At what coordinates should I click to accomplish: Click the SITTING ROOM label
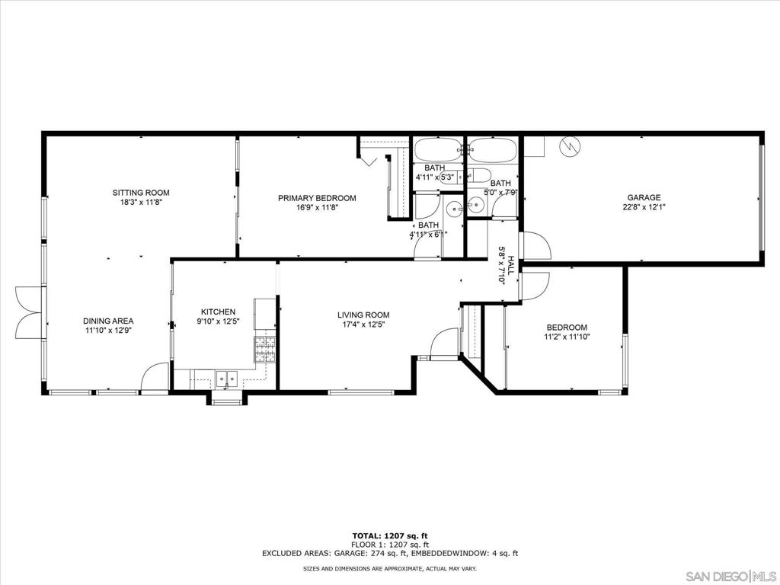pyautogui.click(x=141, y=193)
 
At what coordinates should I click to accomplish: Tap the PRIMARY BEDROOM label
pyautogui.click(x=317, y=198)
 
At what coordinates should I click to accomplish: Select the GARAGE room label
pyautogui.click(x=644, y=197)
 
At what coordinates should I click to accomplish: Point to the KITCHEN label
pyautogui.click(x=219, y=312)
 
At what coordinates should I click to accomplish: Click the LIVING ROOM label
pyautogui.click(x=363, y=315)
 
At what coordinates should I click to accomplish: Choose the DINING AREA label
pyautogui.click(x=108, y=321)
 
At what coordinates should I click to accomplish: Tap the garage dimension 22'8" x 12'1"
pyautogui.click(x=644, y=207)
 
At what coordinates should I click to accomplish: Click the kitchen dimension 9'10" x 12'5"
pyautogui.click(x=219, y=321)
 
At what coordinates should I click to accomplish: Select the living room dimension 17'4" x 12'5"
pyautogui.click(x=363, y=324)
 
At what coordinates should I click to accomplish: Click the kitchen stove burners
pyautogui.click(x=264, y=349)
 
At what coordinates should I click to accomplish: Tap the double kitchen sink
pyautogui.click(x=227, y=379)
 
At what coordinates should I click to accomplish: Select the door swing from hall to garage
pyautogui.click(x=535, y=246)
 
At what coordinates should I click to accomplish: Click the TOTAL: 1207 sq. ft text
pyautogui.click(x=390, y=535)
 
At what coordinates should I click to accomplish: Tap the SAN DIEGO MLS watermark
pyautogui.click(x=730, y=577)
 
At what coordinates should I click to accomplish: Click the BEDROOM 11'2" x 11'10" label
pyautogui.click(x=567, y=332)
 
